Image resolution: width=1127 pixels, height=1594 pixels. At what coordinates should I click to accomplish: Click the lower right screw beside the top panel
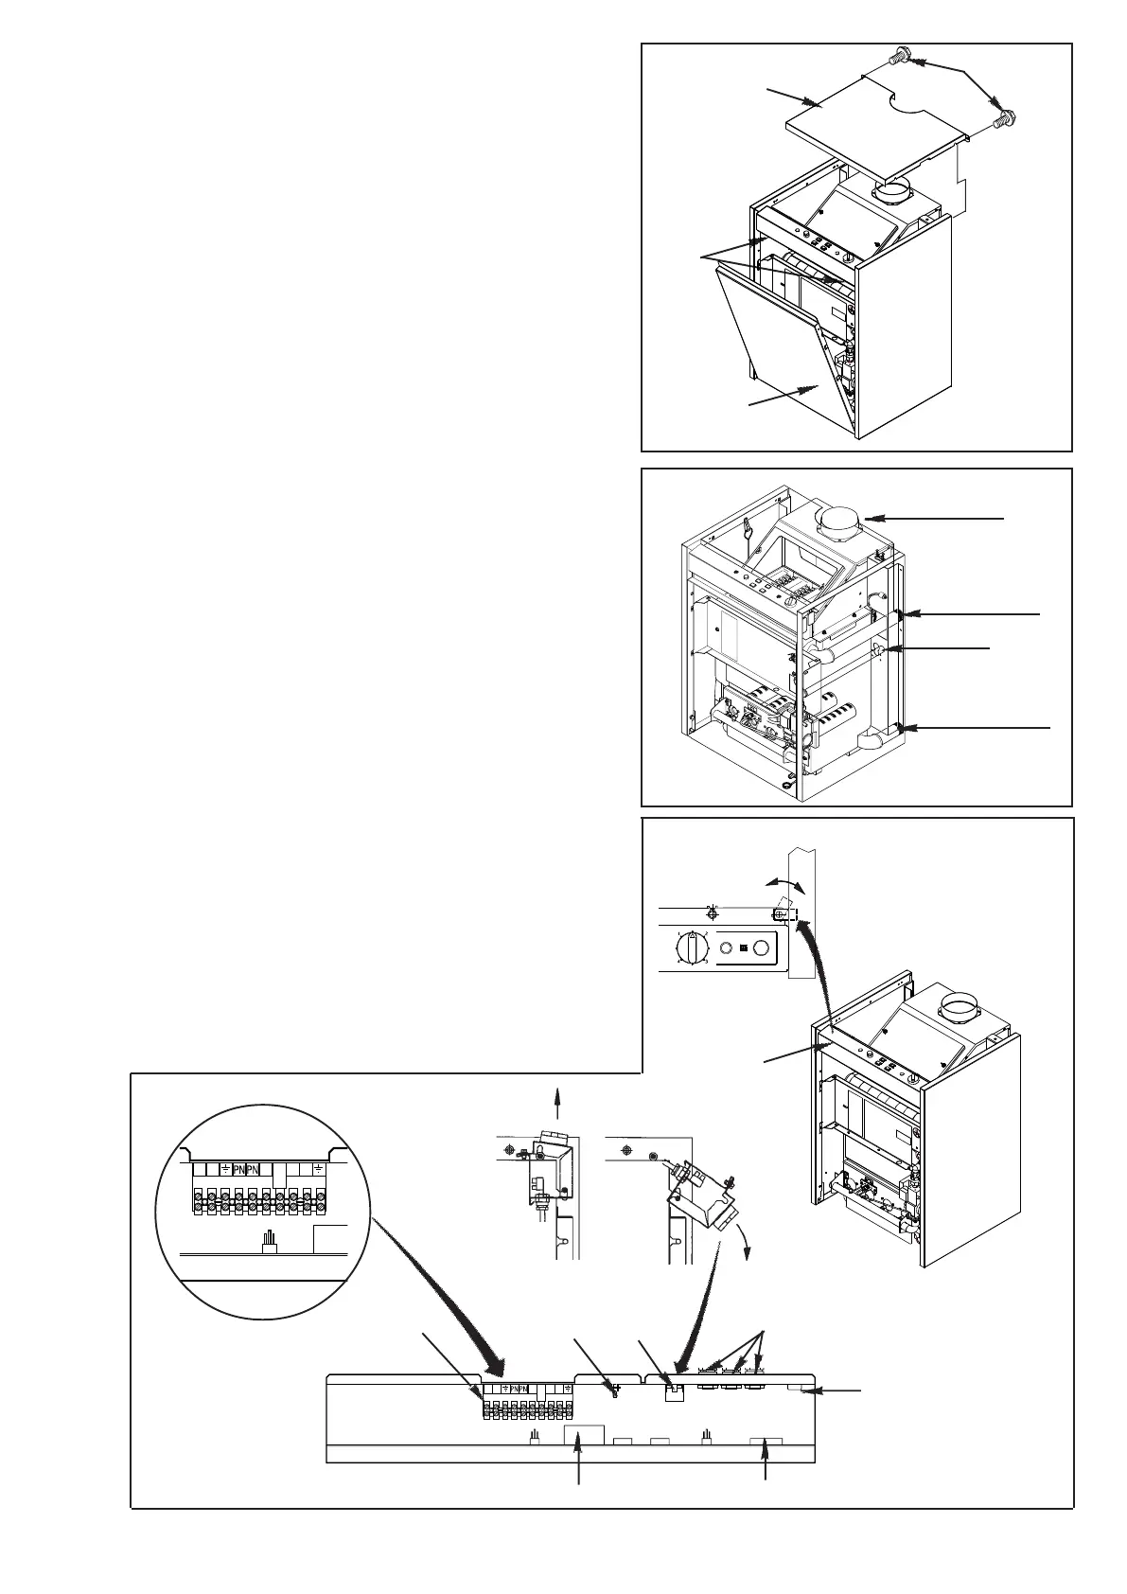point(1005,119)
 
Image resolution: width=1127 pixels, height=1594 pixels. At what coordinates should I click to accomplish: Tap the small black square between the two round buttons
point(744,948)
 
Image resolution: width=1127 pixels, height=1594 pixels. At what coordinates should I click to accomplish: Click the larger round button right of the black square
point(764,948)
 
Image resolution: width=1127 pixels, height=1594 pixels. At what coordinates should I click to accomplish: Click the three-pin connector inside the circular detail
point(268,1240)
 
